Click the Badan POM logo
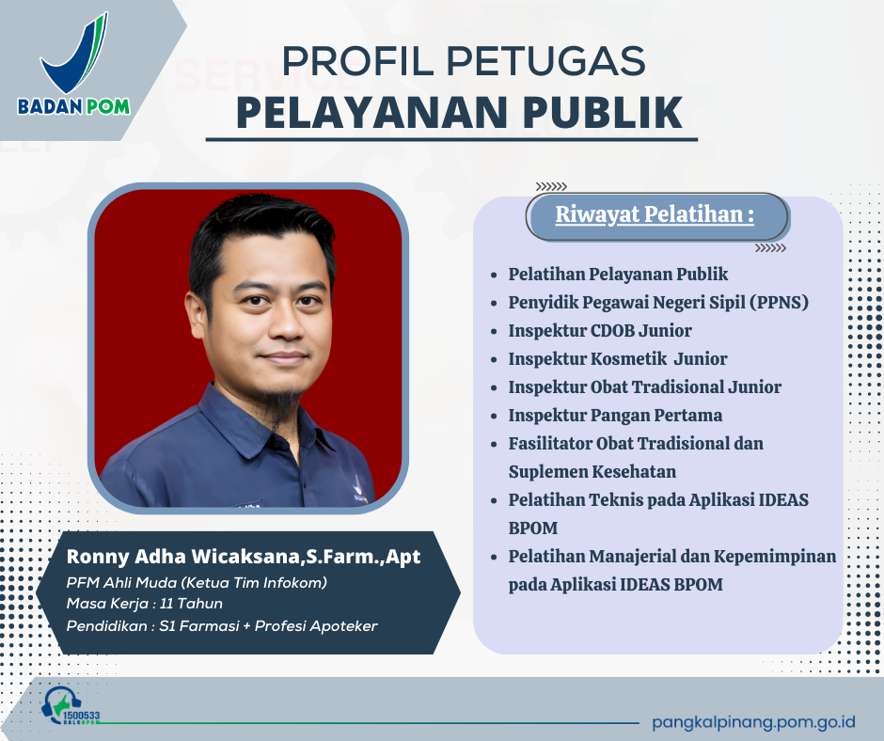73,65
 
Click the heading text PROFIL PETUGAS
464,61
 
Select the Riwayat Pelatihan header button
655,215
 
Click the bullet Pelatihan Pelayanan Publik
618,274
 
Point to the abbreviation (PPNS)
773,302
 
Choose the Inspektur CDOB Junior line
600,330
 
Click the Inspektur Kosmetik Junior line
617,358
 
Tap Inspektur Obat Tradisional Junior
644,386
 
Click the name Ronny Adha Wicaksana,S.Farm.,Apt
244,558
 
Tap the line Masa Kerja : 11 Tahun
145,604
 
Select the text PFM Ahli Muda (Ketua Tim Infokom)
197,583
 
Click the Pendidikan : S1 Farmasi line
222,624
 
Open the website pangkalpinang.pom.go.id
753,721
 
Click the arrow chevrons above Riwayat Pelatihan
550,186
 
